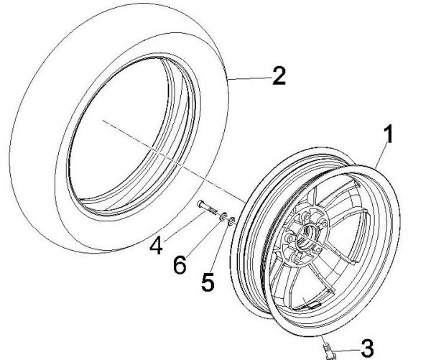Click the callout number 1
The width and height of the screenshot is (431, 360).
(x=389, y=134)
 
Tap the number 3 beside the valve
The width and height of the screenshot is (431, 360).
(x=366, y=349)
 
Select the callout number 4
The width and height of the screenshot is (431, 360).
(x=157, y=247)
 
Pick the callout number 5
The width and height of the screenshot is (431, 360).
(x=208, y=282)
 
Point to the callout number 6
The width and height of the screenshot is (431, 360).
(x=180, y=264)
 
